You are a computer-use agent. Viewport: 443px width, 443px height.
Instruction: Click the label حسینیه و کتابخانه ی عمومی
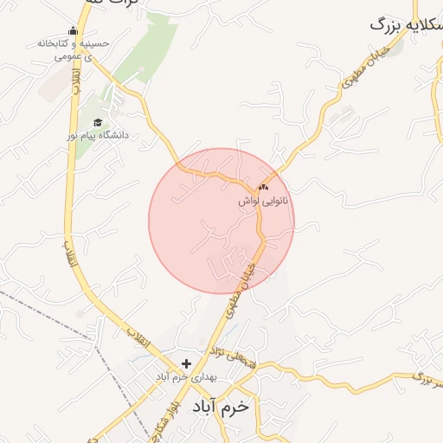pos(74,49)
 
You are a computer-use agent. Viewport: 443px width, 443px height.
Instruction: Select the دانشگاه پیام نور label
pos(98,136)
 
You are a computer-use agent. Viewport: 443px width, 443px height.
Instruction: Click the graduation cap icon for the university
pos(98,123)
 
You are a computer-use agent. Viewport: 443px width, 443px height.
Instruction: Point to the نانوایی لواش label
pos(264,201)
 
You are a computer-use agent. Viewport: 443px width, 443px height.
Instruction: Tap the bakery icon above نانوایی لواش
pos(263,187)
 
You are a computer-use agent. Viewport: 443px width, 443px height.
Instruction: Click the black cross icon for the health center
pos(186,363)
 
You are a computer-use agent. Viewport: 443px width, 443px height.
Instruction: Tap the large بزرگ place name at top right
pos(406,24)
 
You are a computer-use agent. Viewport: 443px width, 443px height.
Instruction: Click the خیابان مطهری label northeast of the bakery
pos(363,72)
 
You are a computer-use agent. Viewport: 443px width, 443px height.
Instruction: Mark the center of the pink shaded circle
pos(221,221)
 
